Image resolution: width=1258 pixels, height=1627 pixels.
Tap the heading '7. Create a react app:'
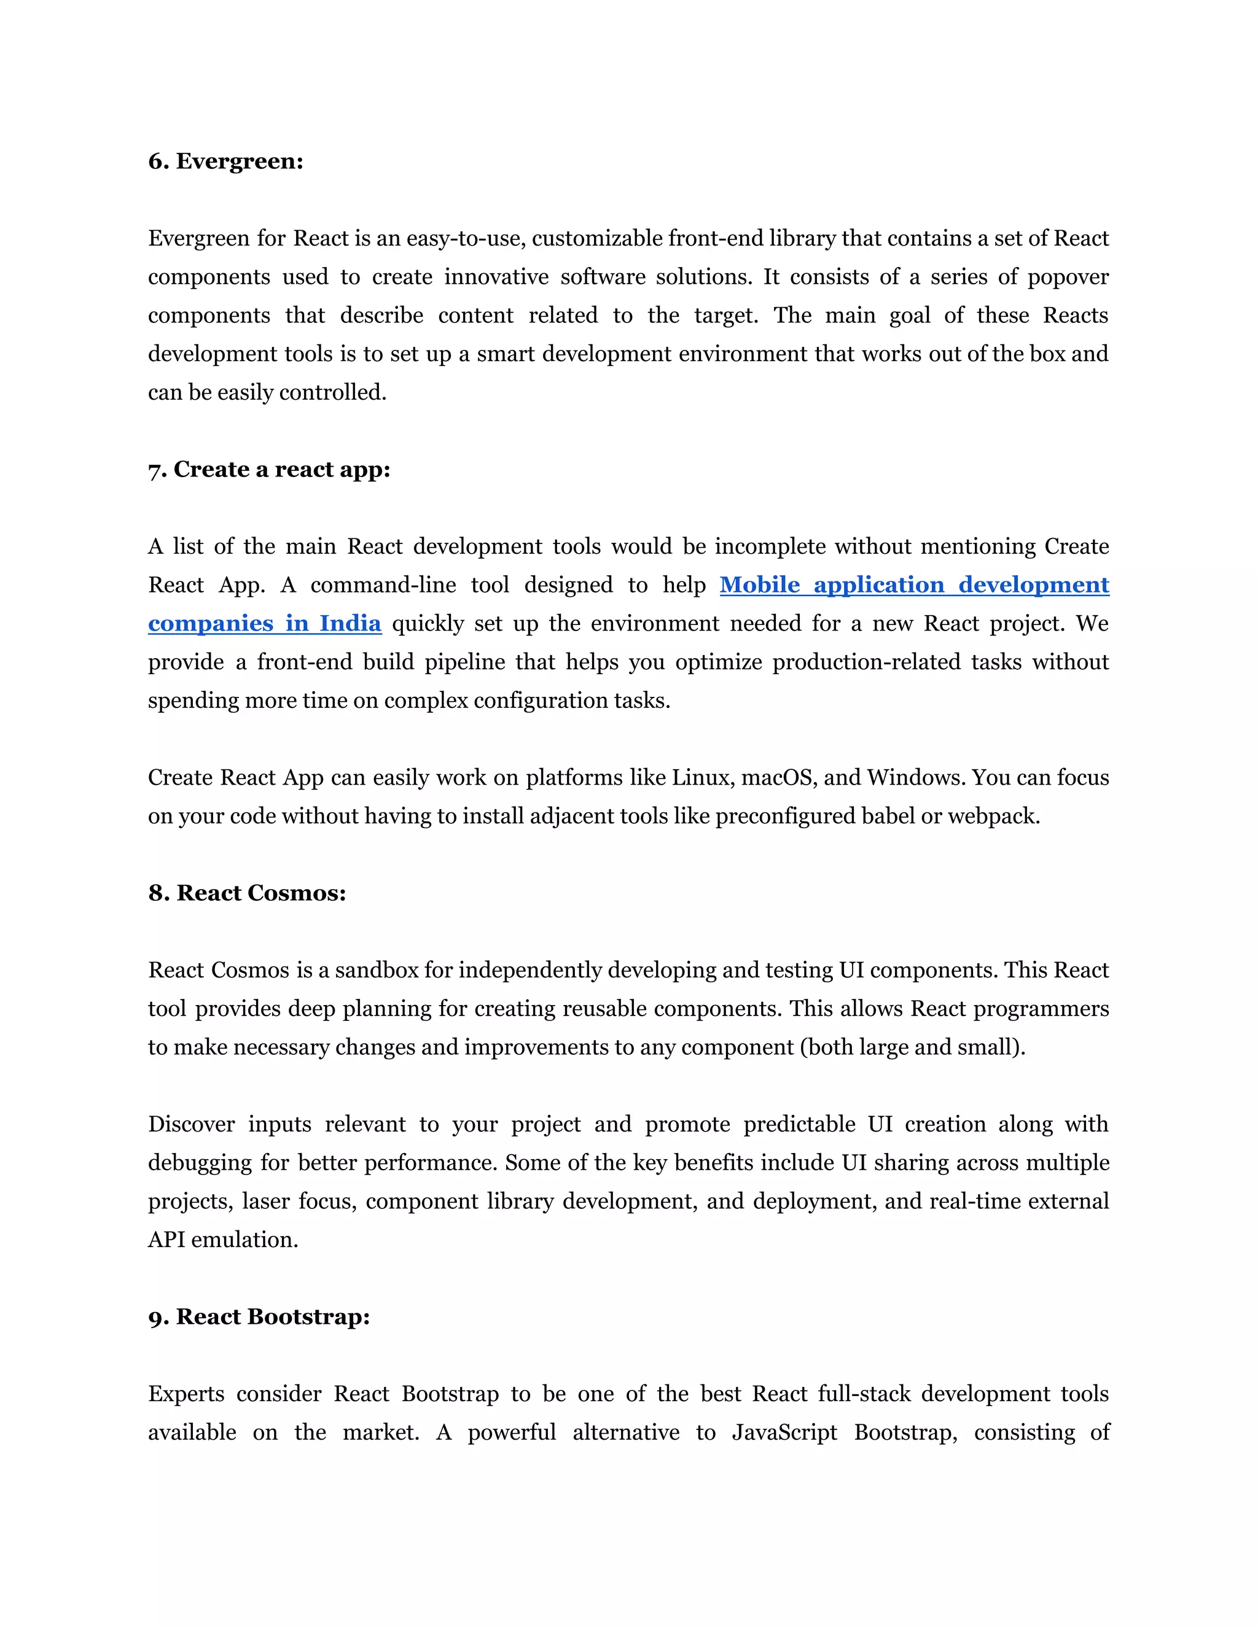point(269,470)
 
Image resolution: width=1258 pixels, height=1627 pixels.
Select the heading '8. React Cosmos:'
point(247,893)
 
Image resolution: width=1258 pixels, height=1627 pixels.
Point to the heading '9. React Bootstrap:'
point(259,1317)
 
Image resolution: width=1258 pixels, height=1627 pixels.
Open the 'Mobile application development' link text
point(913,586)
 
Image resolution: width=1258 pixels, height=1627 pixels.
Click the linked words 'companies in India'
point(265,624)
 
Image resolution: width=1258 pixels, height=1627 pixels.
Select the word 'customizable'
point(598,239)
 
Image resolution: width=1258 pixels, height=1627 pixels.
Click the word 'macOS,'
point(778,778)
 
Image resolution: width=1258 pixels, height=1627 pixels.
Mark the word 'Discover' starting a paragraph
point(192,1124)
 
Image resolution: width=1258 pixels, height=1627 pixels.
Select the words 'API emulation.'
point(223,1240)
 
